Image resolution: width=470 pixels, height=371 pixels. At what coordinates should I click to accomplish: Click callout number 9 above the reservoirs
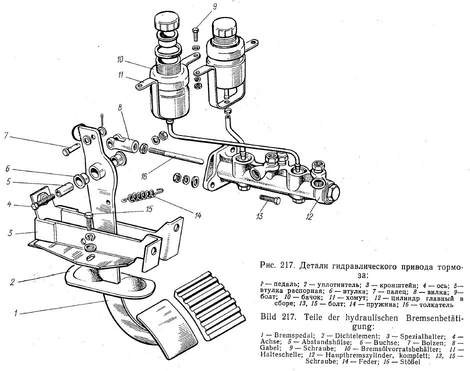pos(214,6)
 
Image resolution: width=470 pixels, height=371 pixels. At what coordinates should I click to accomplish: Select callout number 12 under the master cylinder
pos(309,216)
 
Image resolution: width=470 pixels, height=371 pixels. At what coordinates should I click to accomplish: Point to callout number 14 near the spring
pos(198,215)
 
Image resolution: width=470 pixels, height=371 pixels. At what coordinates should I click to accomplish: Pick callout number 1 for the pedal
pos(15,313)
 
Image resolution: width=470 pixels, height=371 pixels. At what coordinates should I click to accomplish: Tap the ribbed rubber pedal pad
pos(209,305)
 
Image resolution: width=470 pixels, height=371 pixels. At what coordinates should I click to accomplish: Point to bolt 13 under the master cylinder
pos(270,199)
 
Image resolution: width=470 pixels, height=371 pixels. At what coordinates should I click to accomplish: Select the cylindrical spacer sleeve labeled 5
pos(64,190)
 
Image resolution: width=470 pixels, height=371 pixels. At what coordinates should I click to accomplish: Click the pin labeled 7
pos(70,148)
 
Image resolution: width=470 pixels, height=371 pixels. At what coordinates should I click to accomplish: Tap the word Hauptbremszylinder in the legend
pos(356,355)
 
